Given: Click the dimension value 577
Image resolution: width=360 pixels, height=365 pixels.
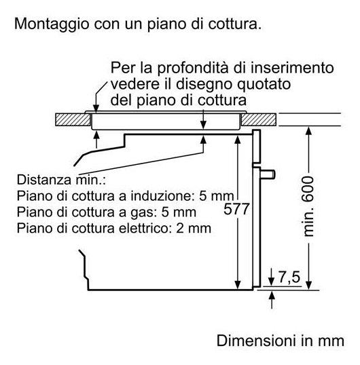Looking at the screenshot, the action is (236, 209).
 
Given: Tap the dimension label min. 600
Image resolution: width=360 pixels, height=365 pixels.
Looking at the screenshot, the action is (308, 206).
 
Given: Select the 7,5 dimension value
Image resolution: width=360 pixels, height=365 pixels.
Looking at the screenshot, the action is (289, 277).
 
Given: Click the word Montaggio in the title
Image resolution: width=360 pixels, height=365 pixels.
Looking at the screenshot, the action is (52, 24).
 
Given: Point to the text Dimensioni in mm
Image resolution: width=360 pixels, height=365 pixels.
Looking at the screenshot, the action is (281, 341).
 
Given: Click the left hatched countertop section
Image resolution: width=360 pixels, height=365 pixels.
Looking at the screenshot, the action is (73, 119).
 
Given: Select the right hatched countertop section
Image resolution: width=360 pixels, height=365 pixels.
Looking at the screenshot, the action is (259, 119).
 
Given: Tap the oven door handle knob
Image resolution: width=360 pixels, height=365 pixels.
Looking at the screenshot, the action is (268, 174).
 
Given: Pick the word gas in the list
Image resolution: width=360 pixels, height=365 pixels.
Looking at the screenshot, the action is (142, 213).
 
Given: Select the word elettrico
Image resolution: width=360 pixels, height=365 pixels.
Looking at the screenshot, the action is (143, 228).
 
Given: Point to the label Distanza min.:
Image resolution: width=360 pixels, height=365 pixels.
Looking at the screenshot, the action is (61, 180).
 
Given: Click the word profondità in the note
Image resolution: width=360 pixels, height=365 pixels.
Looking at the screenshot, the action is (194, 69).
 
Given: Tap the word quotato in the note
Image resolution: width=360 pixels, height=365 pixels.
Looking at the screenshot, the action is (264, 85).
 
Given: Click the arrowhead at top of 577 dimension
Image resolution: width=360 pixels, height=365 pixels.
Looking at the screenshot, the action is (238, 140).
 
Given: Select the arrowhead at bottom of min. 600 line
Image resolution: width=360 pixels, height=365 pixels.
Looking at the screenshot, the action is (308, 285).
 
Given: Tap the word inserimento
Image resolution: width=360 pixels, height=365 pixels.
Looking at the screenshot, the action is (292, 68).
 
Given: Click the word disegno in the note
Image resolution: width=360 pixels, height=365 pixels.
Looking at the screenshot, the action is (204, 85).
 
